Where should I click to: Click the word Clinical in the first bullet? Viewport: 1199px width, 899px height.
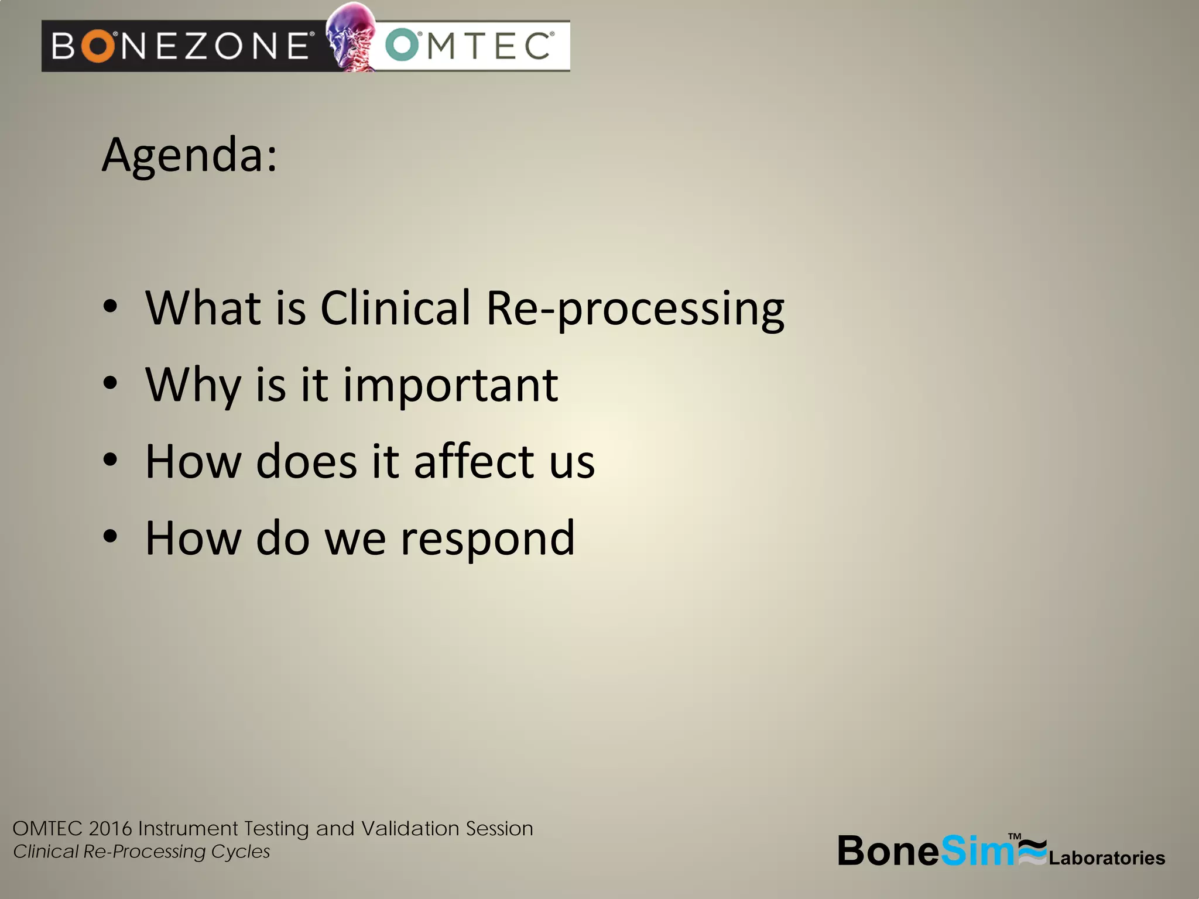[x=395, y=308]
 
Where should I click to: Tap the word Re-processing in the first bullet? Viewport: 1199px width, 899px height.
[x=635, y=308]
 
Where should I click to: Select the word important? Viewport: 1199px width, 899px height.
[x=450, y=386]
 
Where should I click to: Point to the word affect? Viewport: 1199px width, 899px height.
[x=474, y=462]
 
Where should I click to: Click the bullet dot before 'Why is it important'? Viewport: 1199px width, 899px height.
[x=110, y=384]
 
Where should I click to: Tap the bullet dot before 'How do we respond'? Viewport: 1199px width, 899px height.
[x=110, y=537]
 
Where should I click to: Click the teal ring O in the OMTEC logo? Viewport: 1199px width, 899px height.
[x=402, y=46]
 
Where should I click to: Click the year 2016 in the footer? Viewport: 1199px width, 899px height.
[x=111, y=829]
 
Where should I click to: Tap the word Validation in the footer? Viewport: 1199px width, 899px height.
[x=410, y=829]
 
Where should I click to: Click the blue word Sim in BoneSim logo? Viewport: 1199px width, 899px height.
[x=977, y=850]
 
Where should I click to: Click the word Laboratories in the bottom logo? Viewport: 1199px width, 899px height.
[x=1106, y=858]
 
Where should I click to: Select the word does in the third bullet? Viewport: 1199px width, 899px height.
[x=306, y=462]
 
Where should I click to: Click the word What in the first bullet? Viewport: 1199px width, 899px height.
[x=203, y=308]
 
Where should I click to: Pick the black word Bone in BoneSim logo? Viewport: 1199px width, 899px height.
[x=888, y=850]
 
